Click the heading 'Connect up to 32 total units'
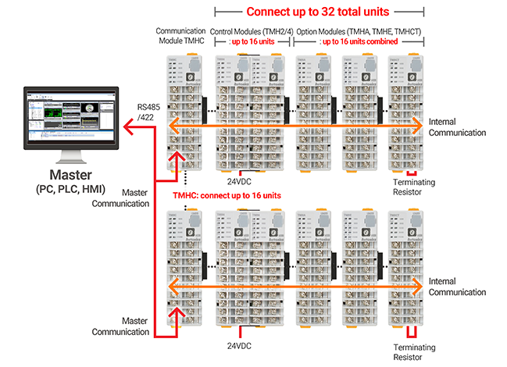[x=319, y=12]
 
